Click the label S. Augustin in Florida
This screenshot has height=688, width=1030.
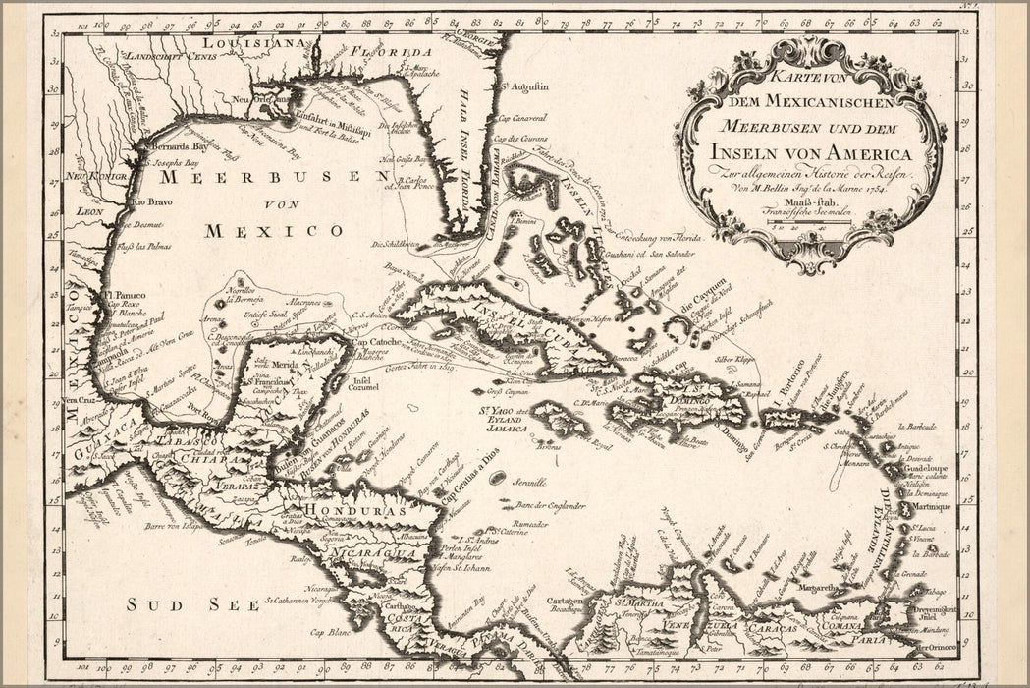523,86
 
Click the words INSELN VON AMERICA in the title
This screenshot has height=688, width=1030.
811,154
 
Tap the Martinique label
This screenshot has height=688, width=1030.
932,507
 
